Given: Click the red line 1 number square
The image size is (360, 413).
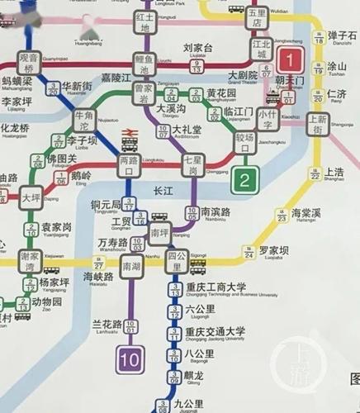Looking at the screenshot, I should [290, 59].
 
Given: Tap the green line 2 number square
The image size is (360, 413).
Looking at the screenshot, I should [245, 178].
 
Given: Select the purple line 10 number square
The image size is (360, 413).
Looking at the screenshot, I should [130, 359].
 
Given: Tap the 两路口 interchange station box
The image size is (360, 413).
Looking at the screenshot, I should [129, 165].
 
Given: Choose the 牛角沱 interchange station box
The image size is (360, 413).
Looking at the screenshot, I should [85, 124].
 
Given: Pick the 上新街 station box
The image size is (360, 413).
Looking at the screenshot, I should [318, 124].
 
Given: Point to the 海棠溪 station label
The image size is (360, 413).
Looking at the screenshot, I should [306, 213].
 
